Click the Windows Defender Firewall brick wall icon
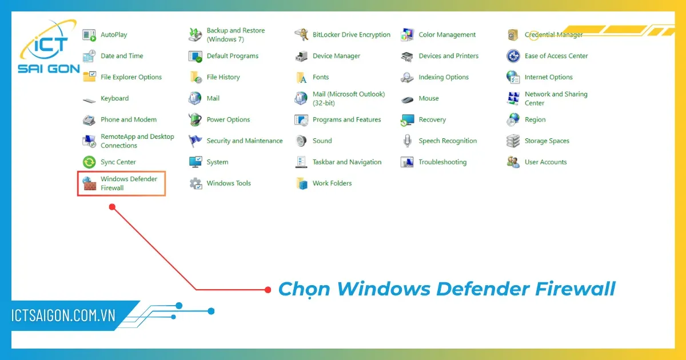(x=90, y=183)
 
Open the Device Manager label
(x=336, y=56)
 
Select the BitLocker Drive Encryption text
(x=351, y=35)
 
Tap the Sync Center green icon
(x=90, y=162)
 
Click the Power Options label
(x=228, y=120)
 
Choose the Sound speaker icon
(x=301, y=141)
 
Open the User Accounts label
(x=545, y=162)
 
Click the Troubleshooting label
(x=442, y=162)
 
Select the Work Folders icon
(x=301, y=183)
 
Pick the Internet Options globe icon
(x=513, y=77)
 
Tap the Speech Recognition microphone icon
(x=407, y=141)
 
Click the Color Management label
(x=447, y=35)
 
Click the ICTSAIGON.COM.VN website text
(x=63, y=316)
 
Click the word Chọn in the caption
(x=304, y=289)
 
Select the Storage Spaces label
(x=547, y=141)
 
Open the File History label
(x=223, y=77)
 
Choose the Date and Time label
(x=122, y=56)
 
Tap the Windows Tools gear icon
(x=196, y=183)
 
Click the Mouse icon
(x=407, y=99)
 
